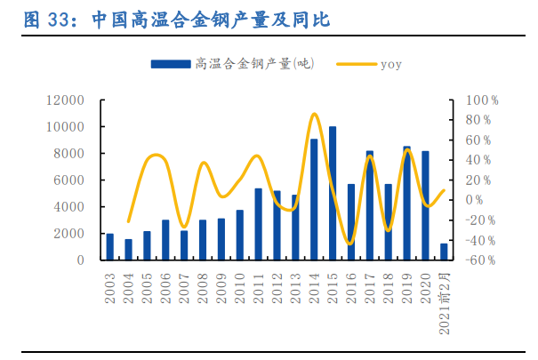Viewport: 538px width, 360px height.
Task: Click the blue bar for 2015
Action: (x=333, y=194)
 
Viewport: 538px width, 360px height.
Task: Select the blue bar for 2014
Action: (x=314, y=200)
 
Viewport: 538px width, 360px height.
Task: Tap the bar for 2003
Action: (x=110, y=247)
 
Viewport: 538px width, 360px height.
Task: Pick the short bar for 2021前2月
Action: (x=444, y=252)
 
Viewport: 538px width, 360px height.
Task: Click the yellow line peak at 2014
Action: (x=314, y=114)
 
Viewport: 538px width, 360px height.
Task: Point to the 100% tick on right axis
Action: (x=482, y=100)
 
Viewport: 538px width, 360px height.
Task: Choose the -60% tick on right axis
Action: (x=480, y=260)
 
